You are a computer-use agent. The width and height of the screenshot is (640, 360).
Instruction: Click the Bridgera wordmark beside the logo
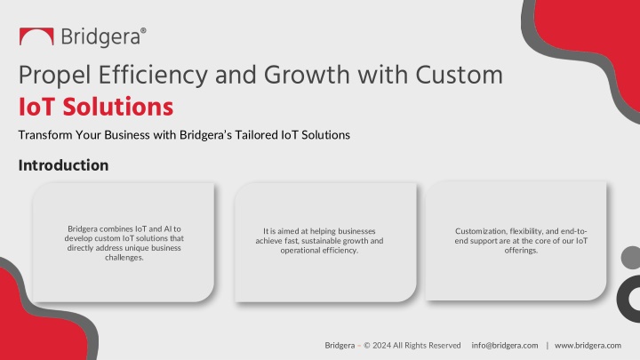coord(103,37)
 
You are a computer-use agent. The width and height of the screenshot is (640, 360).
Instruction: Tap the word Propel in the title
coord(54,76)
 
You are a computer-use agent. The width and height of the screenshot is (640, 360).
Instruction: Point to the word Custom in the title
coord(460,75)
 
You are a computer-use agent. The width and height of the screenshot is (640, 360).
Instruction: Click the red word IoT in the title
coord(36,107)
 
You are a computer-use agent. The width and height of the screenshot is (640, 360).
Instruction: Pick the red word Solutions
coord(118,107)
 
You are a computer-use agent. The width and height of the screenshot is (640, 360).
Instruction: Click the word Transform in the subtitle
coord(45,135)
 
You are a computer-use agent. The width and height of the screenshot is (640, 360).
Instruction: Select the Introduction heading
coord(64,165)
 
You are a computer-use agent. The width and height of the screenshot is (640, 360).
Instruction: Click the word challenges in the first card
coord(124,258)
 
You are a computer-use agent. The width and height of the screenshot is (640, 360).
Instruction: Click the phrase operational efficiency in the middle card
coord(319,250)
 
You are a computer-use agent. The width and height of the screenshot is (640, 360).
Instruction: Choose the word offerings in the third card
coord(521,250)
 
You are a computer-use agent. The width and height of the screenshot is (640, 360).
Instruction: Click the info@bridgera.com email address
coord(505,345)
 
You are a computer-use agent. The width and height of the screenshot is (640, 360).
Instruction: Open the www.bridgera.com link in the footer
coord(588,345)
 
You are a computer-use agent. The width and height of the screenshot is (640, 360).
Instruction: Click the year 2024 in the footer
coord(381,345)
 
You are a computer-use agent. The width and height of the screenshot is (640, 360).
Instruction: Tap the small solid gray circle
coord(631,258)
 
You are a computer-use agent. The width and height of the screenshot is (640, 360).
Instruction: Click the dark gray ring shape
coord(623,300)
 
